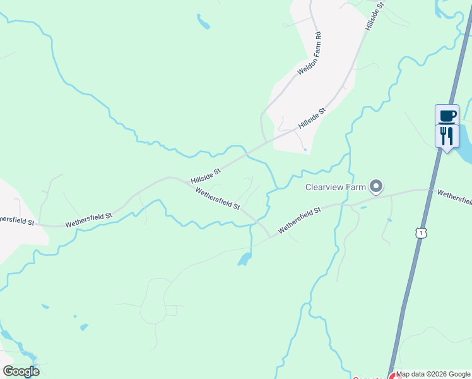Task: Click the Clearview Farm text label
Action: coord(336,187)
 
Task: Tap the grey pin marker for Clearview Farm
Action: coord(377,186)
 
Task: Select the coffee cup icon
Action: coord(447,115)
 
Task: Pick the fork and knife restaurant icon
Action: coord(447,135)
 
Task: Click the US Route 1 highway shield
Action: coord(420,234)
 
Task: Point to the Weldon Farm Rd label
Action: coord(310,54)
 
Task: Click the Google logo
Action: coord(21,371)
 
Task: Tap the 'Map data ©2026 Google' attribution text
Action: coord(434,375)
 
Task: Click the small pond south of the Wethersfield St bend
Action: coord(244,259)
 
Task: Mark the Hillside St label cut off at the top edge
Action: coord(375,15)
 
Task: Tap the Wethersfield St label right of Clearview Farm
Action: coord(454,197)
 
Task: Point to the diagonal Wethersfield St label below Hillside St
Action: coord(218,198)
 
